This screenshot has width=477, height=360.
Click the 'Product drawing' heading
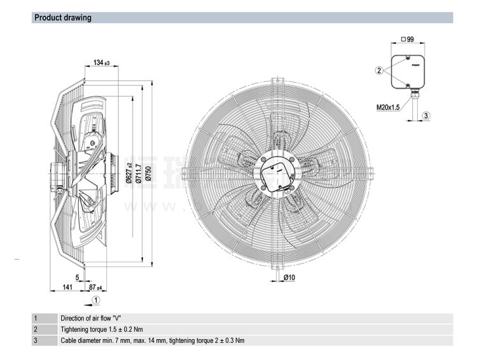tap(63, 18)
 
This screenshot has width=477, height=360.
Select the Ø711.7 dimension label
tap(138, 172)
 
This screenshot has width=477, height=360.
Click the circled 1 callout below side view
tap(95, 300)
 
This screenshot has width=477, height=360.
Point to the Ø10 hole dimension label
tap(288, 277)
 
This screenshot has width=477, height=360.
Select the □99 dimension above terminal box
tap(407, 39)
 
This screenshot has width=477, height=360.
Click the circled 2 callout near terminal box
tap(379, 71)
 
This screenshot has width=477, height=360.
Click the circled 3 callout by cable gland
tap(427, 114)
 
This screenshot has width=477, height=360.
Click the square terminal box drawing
tap(407, 71)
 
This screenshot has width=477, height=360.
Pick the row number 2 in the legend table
tap(36, 329)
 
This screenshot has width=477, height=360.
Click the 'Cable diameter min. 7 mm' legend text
tap(152, 341)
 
